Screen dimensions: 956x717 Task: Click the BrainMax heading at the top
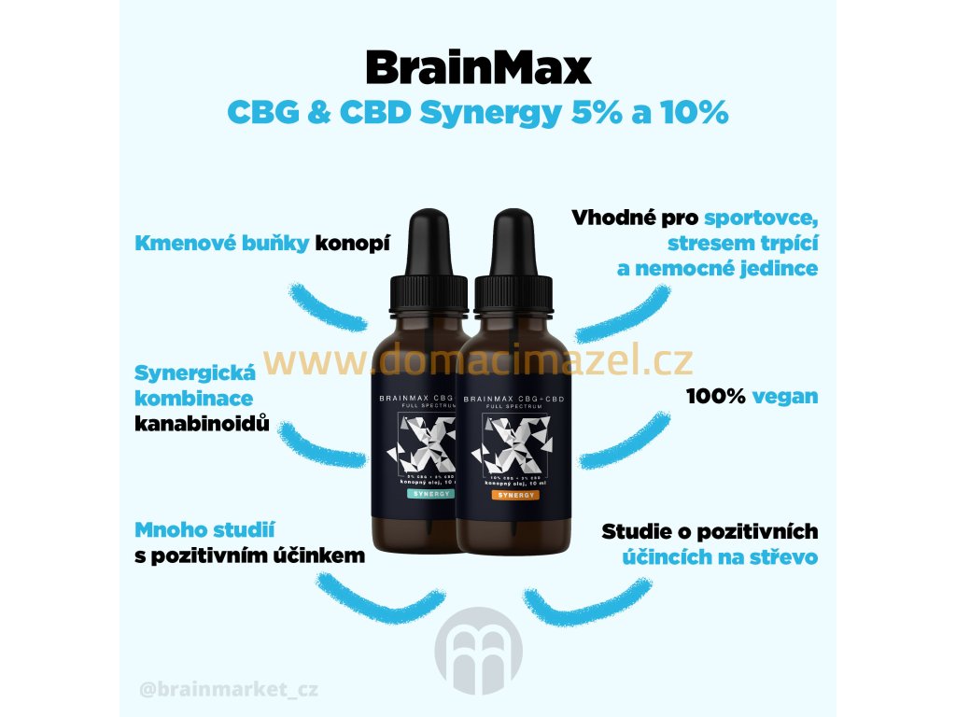click(x=478, y=68)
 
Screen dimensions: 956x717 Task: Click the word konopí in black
click(x=352, y=244)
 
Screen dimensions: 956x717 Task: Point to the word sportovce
click(x=761, y=219)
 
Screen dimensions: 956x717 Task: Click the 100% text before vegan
click(x=716, y=396)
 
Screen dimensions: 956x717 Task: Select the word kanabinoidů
click(x=203, y=424)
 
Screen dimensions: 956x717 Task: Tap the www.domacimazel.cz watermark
click(x=478, y=358)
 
